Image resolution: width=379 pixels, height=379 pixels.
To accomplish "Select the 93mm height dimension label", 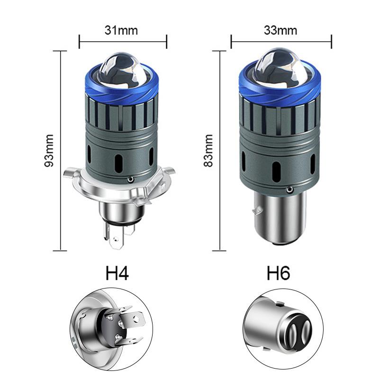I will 48,151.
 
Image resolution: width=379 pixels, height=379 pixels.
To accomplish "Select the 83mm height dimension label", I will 208,151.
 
